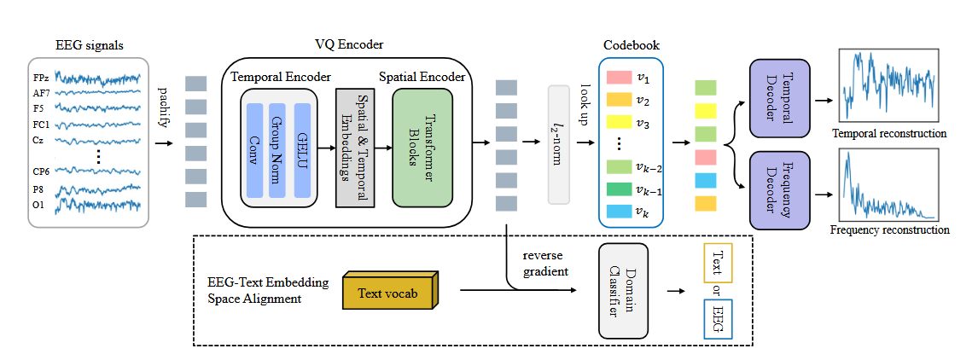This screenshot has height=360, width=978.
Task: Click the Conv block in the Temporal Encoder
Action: (254, 150)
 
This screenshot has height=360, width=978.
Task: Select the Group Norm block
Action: (277, 150)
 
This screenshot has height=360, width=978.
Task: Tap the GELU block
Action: (301, 150)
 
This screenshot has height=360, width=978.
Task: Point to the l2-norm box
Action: (558, 145)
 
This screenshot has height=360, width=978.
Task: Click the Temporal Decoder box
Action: (778, 98)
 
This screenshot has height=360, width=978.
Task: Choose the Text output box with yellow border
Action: (716, 264)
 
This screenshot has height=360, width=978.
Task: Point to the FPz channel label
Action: (42, 78)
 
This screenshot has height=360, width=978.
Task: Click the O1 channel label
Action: (39, 206)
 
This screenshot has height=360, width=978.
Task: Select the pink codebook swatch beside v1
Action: (618, 78)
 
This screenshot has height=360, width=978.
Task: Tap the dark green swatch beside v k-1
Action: (618, 190)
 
